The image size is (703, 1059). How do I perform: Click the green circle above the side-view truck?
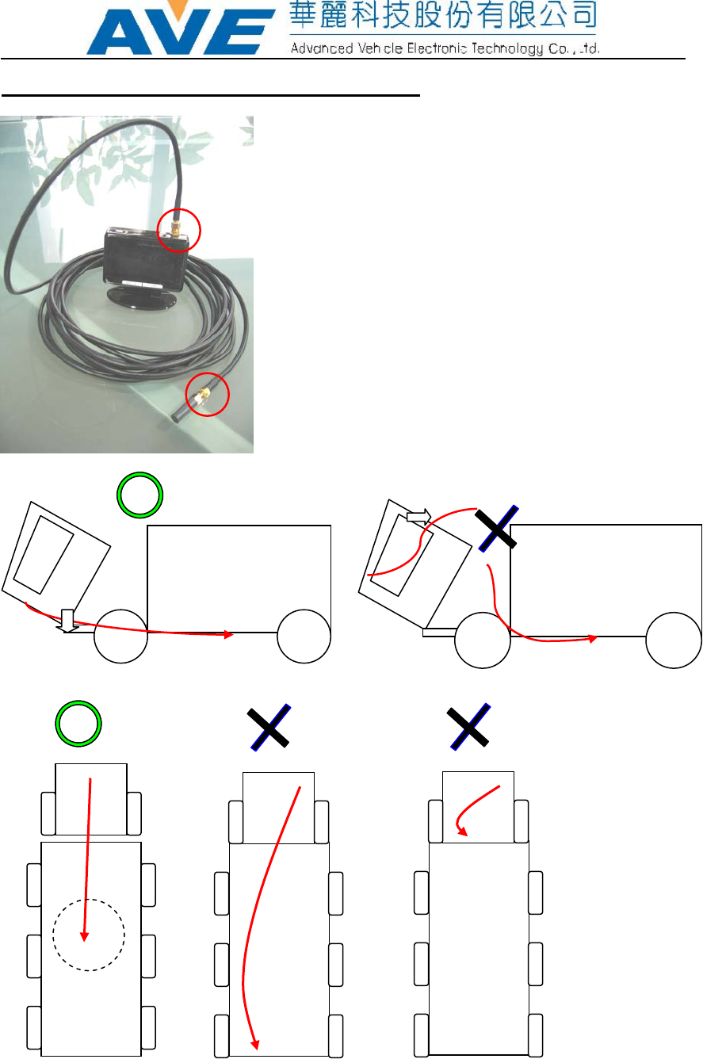click(140, 495)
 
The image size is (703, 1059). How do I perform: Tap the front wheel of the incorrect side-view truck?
click(482, 639)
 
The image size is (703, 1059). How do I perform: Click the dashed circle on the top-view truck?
click(88, 935)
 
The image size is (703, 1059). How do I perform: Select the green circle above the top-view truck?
click(78, 724)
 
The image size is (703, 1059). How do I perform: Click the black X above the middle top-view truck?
click(268, 727)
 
